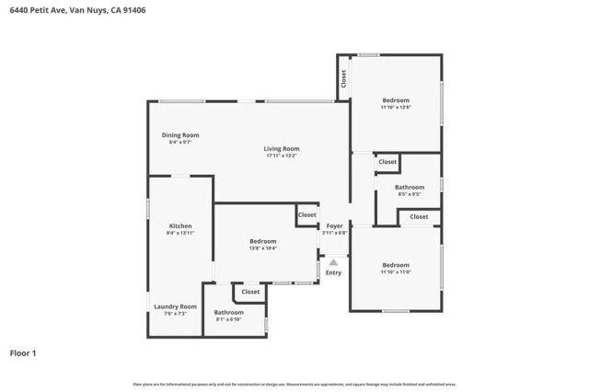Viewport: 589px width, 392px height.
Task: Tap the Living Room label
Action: tap(282, 148)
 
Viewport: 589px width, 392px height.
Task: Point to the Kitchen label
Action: tap(179, 225)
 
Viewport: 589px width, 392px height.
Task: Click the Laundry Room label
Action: tap(175, 306)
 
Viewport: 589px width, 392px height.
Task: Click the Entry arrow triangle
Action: tap(333, 261)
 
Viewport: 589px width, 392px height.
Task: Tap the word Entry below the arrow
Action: tap(333, 272)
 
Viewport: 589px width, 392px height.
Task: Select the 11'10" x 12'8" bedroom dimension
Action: tap(395, 108)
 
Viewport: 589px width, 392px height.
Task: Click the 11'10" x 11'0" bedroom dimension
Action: tap(395, 272)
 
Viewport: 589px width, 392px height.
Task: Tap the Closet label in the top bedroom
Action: tap(343, 79)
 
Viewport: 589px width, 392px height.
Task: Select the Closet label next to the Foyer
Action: tap(306, 214)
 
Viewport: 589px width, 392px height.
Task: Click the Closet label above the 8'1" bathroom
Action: tap(250, 292)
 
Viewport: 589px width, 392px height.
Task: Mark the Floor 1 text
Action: tap(24, 352)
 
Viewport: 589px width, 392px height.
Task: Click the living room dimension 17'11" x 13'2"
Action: tap(282, 156)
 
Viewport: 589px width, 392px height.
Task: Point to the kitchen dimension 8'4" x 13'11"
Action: tap(179, 233)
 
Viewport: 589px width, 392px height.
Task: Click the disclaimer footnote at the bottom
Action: tap(294, 384)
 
